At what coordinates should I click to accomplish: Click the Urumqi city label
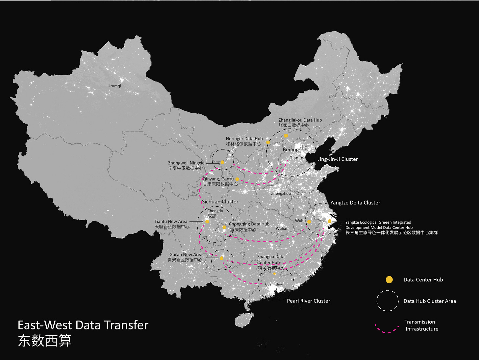[114, 86]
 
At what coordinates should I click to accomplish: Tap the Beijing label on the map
[291, 150]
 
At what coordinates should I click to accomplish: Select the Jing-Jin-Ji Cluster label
[338, 159]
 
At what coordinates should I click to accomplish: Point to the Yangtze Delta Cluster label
[355, 203]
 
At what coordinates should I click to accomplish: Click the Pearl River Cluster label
[308, 301]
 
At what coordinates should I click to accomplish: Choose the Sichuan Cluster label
[220, 202]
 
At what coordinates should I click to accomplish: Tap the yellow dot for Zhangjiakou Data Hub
[286, 135]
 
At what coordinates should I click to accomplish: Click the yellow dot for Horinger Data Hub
[268, 142]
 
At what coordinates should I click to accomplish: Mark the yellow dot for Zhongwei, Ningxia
[222, 162]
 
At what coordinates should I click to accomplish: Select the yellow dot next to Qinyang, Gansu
[237, 179]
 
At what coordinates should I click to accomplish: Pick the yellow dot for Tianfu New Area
[207, 222]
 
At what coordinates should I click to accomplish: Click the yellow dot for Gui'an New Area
[221, 258]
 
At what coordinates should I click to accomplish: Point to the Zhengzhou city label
[281, 194]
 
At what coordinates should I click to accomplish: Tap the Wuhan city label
[282, 228]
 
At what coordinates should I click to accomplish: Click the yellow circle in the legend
[389, 280]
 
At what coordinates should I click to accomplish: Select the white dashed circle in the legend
[387, 300]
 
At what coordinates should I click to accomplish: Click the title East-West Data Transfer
[83, 325]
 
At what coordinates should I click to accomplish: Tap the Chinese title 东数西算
[45, 341]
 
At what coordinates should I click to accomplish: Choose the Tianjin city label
[296, 158]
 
